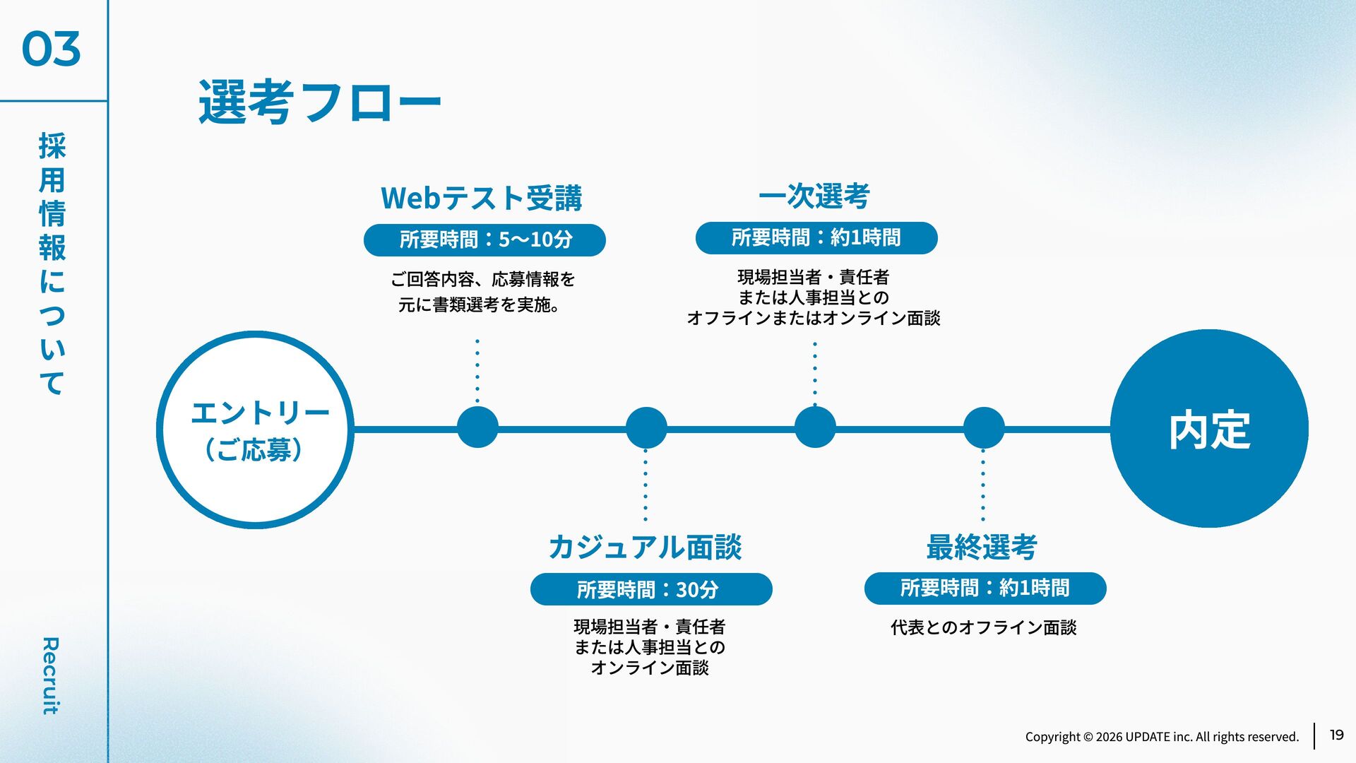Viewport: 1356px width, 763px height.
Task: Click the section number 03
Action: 51,49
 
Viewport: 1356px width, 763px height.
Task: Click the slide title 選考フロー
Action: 319,102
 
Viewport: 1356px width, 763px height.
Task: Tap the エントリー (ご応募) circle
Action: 255,430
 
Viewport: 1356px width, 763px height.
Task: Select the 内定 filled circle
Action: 1209,429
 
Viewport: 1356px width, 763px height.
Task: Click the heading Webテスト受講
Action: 482,198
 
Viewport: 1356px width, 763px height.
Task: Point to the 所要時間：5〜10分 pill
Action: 484,240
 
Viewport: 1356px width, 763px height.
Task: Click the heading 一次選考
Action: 814,196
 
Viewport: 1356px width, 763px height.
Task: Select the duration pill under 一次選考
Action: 816,238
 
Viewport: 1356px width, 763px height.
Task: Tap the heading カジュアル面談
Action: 645,547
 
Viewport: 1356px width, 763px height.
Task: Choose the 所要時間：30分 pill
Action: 651,589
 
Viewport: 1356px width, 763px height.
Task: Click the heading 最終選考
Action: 982,547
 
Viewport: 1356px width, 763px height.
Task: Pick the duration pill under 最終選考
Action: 985,588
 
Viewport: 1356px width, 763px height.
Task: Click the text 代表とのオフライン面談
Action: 983,627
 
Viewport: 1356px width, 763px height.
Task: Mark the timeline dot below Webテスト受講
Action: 477,427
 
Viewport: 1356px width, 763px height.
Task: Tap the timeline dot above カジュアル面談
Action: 646,427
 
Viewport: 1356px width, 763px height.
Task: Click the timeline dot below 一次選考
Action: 815,427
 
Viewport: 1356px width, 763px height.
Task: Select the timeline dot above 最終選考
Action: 984,427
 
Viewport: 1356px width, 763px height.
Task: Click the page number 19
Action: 1336,735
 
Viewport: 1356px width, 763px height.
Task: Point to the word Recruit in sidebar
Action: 50,675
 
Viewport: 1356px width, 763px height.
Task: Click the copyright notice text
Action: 1162,737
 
